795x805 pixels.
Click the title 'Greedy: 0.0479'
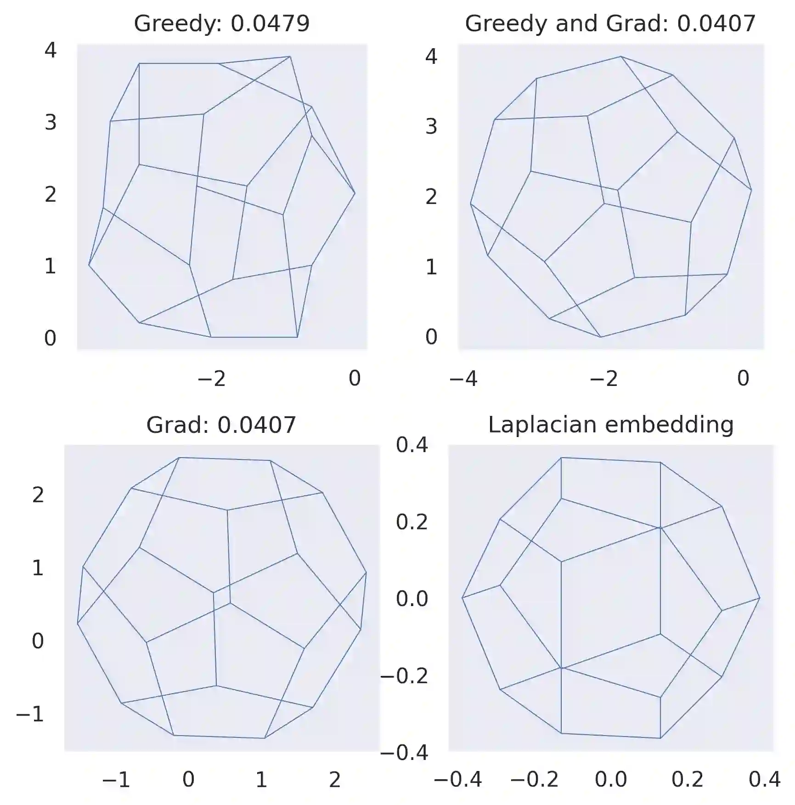[x=222, y=23]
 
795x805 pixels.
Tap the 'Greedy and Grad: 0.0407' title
[x=610, y=23]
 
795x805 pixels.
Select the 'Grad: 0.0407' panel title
[x=221, y=425]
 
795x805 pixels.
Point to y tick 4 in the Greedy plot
[x=50, y=50]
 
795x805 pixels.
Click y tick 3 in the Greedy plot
[x=50, y=122]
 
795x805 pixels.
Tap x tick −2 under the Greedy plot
[x=211, y=379]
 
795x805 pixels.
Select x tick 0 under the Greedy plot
[x=354, y=379]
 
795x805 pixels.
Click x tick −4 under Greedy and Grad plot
[x=463, y=379]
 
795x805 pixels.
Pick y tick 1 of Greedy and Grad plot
[x=431, y=267]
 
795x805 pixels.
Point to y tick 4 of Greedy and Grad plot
[x=431, y=57]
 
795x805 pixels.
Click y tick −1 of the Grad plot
[x=30, y=714]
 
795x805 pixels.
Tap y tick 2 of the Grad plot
[x=38, y=495]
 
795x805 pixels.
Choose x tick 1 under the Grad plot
[x=261, y=780]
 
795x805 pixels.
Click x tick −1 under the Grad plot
[x=116, y=780]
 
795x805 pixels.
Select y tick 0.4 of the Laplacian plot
[x=412, y=445]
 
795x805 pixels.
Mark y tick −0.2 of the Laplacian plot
[x=404, y=675]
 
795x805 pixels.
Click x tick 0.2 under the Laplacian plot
[x=687, y=780]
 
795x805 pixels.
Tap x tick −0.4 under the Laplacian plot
[x=457, y=780]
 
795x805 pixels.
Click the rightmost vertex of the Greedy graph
[x=355, y=193]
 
